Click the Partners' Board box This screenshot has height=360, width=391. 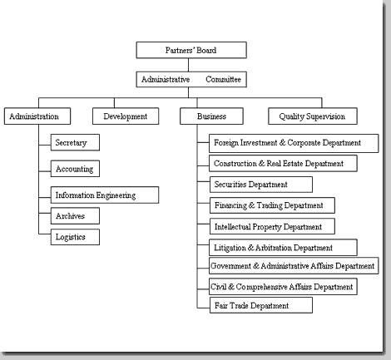tap(191, 50)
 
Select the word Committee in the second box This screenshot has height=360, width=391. tap(223, 79)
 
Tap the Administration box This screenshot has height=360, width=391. tap(37, 116)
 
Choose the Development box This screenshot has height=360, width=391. tap(126, 116)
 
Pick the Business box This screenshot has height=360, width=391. tap(211, 116)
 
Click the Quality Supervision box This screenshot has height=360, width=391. tap(313, 116)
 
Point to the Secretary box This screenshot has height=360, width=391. tap(75, 142)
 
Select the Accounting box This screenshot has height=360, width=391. tap(75, 169)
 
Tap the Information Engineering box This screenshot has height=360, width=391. tap(105, 195)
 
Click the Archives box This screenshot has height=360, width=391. tap(75, 216)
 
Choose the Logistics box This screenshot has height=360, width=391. tap(75, 237)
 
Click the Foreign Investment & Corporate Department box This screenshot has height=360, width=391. tap(294, 143)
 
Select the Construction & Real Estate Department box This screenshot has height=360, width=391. tap(283, 163)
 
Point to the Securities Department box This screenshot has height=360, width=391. tap(261, 185)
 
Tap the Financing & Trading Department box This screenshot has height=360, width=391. tap(272, 205)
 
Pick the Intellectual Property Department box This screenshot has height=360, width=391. tap(272, 226)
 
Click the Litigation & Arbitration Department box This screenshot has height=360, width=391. tap(283, 248)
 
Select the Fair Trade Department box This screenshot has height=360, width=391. tap(261, 305)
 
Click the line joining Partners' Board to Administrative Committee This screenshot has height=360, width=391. tap(189, 65)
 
